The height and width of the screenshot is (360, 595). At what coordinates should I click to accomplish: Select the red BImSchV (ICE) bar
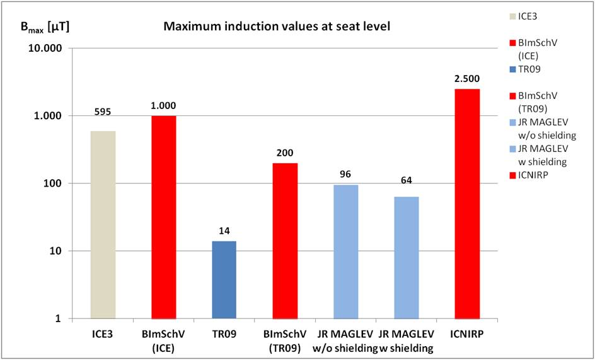[x=163, y=217]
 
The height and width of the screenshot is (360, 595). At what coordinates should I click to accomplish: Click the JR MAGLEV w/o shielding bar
[x=345, y=252]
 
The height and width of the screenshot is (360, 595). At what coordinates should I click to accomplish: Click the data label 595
[x=103, y=112]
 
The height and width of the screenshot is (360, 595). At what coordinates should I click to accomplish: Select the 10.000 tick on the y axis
[x=50, y=49]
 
